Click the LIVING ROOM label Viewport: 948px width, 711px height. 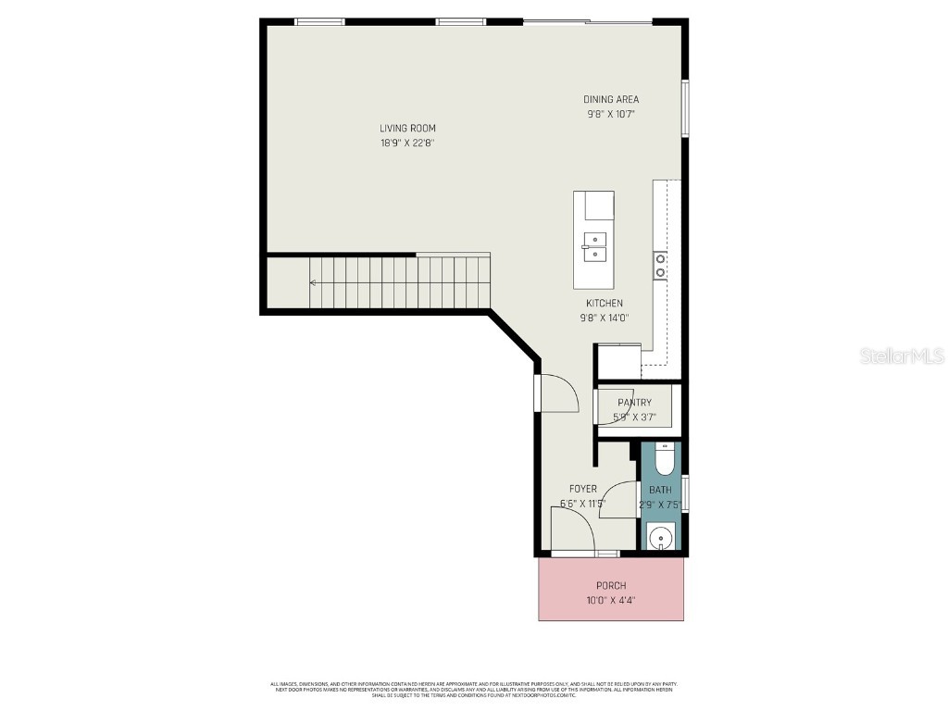tap(407, 129)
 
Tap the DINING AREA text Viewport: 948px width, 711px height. tap(610, 100)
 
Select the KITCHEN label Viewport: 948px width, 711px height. tap(604, 304)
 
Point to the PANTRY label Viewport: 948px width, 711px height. tap(634, 403)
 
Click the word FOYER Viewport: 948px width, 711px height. tap(582, 489)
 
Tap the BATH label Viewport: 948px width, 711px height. tap(660, 490)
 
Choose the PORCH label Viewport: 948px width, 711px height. tap(611, 585)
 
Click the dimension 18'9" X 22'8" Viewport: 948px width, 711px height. tap(407, 143)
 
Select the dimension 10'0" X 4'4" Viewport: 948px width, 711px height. tap(611, 600)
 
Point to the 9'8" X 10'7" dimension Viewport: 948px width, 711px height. tap(610, 115)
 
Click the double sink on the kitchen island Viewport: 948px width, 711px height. tap(593, 247)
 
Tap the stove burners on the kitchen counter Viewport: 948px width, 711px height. tap(660, 266)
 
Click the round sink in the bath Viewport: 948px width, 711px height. tap(661, 537)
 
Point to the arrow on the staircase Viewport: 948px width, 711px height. tap(315, 282)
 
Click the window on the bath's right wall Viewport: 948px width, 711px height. tap(685, 493)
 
